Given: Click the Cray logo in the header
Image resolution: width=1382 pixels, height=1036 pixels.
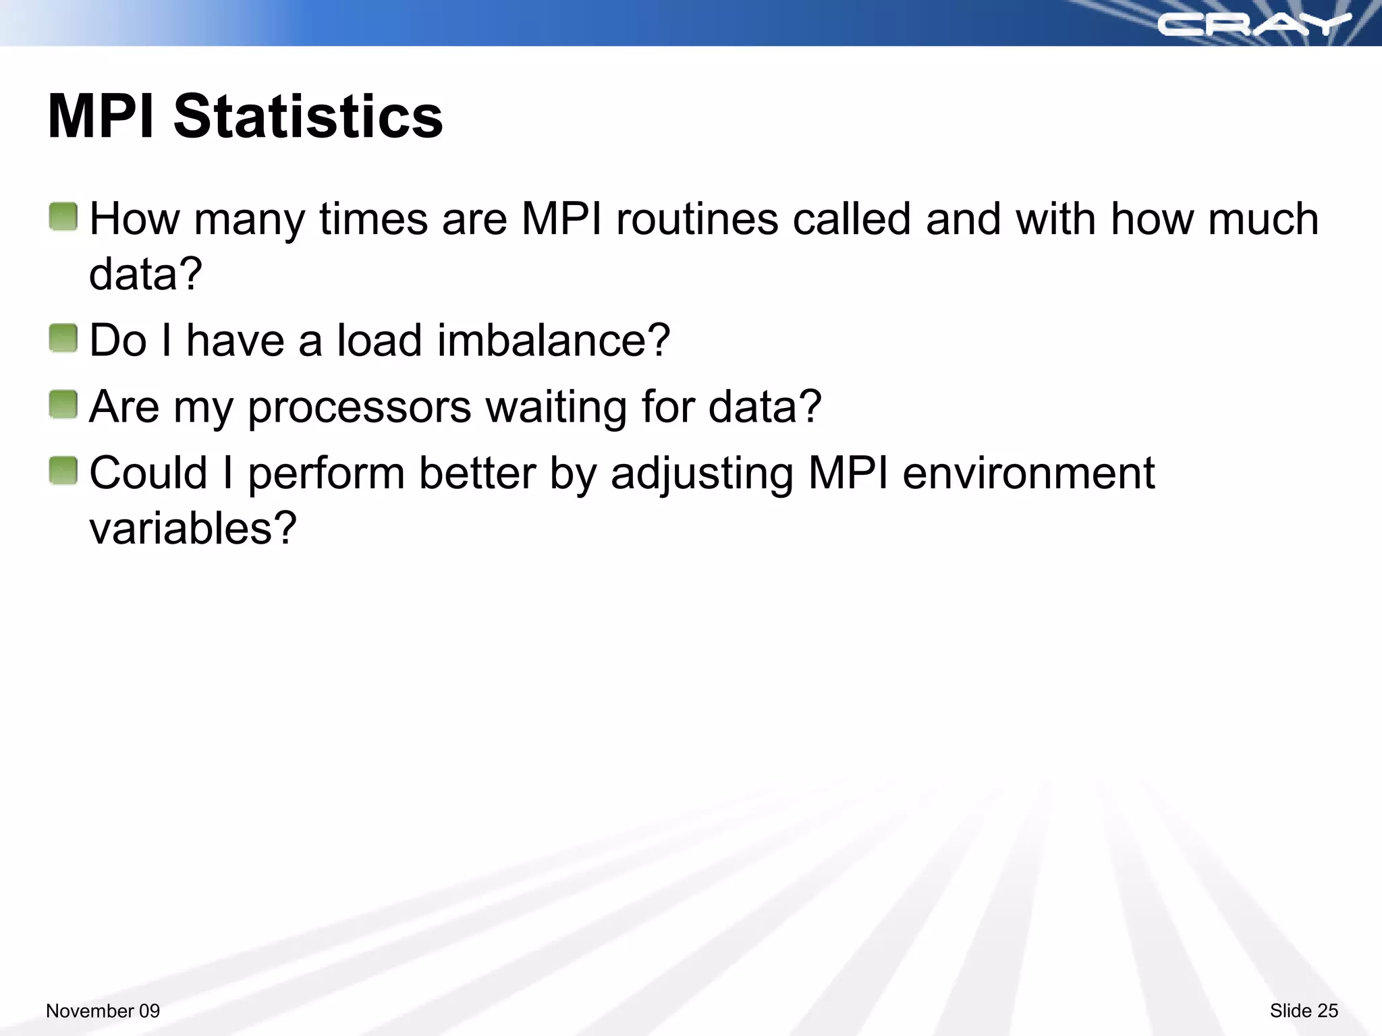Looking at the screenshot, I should (1254, 25).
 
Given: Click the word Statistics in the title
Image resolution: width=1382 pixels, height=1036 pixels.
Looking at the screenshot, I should (308, 117).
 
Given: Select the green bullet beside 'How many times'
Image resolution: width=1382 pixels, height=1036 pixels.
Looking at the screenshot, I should (63, 217).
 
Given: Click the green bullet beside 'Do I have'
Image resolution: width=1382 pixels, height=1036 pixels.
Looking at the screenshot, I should (63, 338).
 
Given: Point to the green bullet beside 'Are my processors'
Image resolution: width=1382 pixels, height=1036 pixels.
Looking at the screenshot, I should (63, 405).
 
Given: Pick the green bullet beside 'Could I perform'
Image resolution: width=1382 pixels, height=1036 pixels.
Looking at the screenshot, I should (63, 471).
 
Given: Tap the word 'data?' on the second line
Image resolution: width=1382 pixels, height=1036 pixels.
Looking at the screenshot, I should (146, 275).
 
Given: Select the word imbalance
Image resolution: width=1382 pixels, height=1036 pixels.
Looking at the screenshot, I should (553, 340).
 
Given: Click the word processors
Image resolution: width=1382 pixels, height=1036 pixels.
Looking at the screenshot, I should (359, 407).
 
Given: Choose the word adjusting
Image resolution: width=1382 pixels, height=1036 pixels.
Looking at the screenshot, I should (702, 473).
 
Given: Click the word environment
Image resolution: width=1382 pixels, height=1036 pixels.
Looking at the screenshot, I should (1028, 473).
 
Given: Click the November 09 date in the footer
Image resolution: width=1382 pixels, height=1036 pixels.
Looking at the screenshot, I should (103, 1011).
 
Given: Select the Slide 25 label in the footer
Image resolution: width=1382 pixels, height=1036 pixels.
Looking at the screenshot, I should (1304, 1011).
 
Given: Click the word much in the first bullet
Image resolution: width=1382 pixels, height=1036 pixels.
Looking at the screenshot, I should (1263, 219).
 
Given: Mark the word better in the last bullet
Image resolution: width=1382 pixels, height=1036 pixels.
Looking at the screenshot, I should (477, 473).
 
